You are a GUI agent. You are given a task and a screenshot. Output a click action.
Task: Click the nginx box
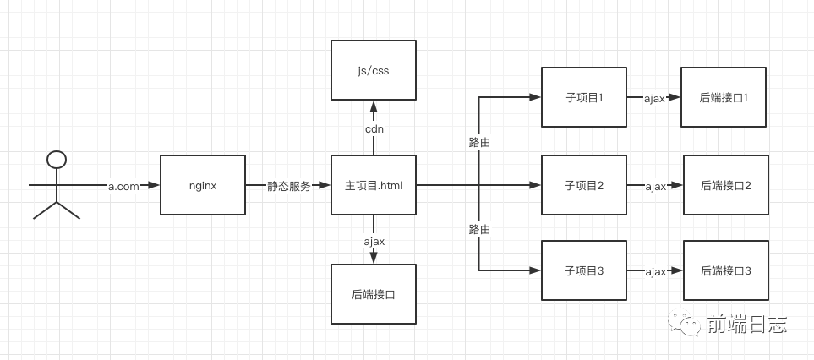203,185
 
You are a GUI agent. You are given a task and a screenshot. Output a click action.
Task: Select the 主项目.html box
374,185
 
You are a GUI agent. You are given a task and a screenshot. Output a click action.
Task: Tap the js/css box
374,70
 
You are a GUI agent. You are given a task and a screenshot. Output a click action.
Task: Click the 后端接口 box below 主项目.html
374,294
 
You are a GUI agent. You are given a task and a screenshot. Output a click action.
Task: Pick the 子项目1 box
584,98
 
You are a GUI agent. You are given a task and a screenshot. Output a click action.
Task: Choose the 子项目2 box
584,185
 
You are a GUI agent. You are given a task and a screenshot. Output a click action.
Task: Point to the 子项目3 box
584,270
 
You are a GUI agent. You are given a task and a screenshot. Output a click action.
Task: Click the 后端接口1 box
724,97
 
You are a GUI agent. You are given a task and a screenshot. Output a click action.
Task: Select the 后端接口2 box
726,185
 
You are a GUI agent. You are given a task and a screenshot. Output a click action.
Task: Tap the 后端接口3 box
726,270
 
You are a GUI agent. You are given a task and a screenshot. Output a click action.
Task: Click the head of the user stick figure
57,159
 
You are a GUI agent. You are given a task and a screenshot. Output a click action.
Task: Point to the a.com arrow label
123,186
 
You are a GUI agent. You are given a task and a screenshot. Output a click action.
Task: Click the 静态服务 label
288,186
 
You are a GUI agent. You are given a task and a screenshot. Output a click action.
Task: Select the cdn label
374,129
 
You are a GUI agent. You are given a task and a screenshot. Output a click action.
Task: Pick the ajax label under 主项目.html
374,242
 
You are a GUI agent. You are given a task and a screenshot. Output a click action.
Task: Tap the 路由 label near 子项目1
479,142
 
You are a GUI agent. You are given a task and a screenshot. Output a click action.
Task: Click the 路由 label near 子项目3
479,229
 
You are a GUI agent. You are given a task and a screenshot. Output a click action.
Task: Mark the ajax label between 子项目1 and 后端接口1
655,99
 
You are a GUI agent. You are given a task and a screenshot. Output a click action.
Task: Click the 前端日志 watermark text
747,324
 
